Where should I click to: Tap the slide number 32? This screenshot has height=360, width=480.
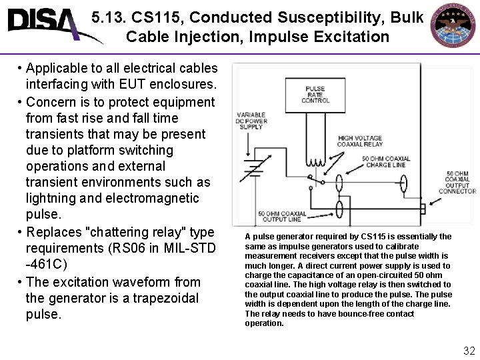click(x=469, y=351)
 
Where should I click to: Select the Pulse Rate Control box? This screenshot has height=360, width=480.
click(x=315, y=95)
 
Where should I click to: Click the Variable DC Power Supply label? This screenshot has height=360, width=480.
click(x=250, y=121)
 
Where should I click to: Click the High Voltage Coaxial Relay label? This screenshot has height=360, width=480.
click(x=359, y=141)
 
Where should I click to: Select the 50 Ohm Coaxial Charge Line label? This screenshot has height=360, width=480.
click(x=387, y=161)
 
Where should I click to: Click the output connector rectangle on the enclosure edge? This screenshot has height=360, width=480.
click(x=423, y=209)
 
